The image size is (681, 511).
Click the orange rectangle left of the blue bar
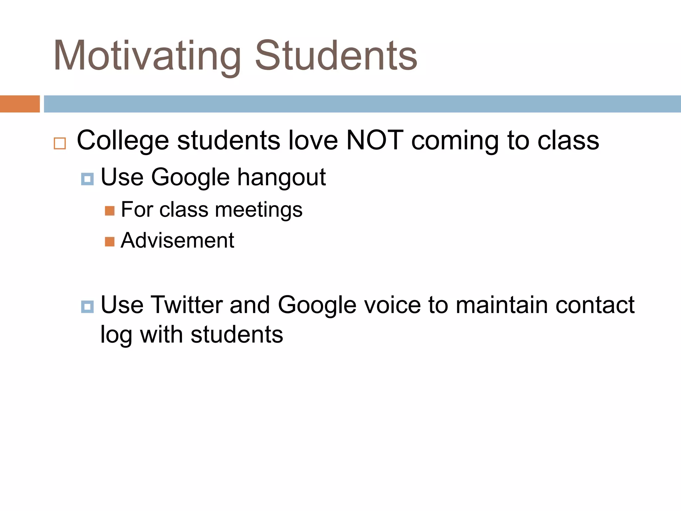point(20,104)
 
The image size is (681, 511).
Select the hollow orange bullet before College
point(60,143)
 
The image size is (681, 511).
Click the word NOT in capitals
point(375,140)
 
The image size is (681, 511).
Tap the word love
point(313,140)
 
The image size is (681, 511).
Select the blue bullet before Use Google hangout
point(87,179)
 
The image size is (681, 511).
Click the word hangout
point(281,178)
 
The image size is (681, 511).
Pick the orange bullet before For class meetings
point(110,211)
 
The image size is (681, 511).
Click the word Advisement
point(177,240)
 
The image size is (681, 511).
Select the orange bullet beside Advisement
point(110,242)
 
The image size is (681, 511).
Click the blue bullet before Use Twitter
point(87,307)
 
